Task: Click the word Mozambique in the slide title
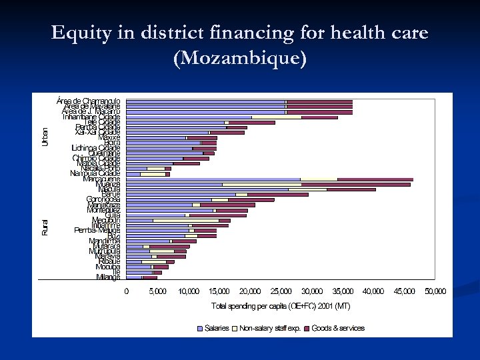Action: click(x=240, y=59)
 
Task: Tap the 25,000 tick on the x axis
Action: click(x=281, y=291)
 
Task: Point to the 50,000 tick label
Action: click(x=435, y=291)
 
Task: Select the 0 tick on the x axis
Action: click(x=127, y=291)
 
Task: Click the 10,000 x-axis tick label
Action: click(x=188, y=291)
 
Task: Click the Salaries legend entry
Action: click(x=216, y=328)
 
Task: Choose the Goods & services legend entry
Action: click(x=338, y=328)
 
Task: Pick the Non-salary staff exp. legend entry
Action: click(x=269, y=328)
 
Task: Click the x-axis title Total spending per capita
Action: click(x=281, y=306)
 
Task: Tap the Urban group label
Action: click(x=45, y=137)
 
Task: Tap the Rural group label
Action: click(x=45, y=227)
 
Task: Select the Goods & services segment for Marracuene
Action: click(x=375, y=179)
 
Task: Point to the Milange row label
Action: click(x=108, y=277)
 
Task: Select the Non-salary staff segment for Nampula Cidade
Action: click(x=153, y=173)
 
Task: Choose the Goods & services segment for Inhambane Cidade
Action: click(x=319, y=117)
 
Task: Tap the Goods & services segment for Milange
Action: click(x=150, y=277)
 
